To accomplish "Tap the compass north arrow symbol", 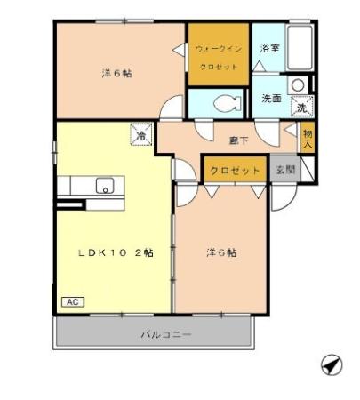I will click(329, 364).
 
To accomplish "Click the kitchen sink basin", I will click(105, 187).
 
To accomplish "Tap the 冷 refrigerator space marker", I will click(141, 136).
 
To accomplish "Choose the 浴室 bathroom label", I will click(270, 49).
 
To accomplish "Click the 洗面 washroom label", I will click(272, 99).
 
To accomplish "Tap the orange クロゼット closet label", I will click(235, 170).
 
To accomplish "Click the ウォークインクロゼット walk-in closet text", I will click(217, 59).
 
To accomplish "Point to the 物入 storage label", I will click(308, 138).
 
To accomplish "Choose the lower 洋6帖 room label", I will click(220, 252).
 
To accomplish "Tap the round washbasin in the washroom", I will click(299, 85).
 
